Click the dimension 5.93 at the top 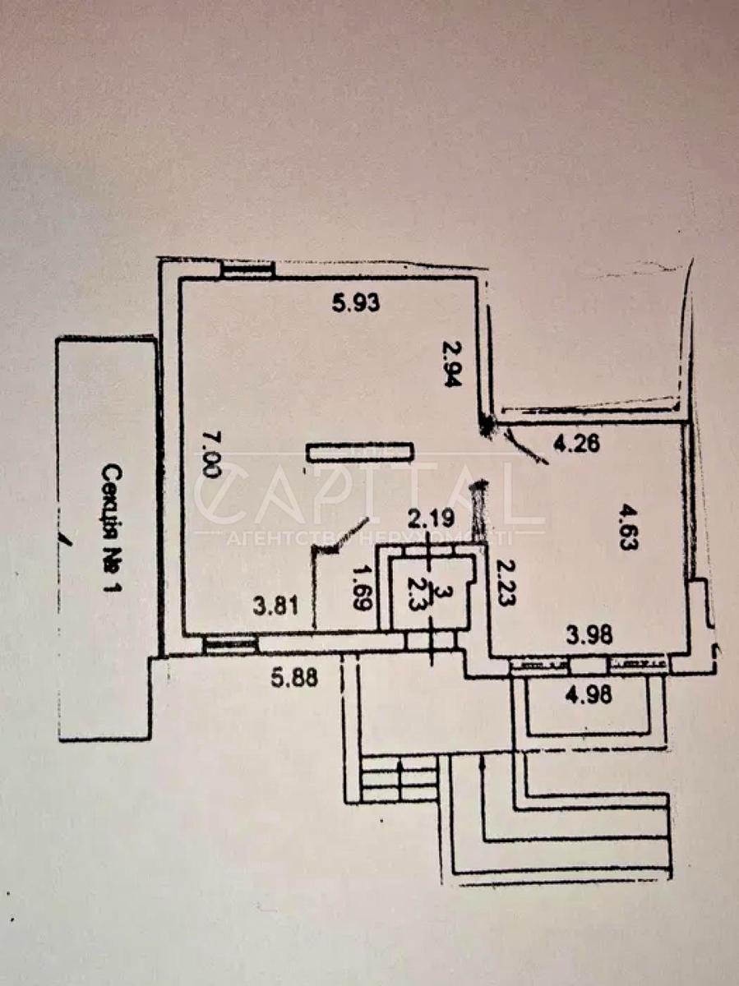356,304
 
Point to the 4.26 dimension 576,445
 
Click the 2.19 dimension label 432,518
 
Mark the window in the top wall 247,270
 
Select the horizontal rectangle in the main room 359,451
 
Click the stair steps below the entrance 399,780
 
